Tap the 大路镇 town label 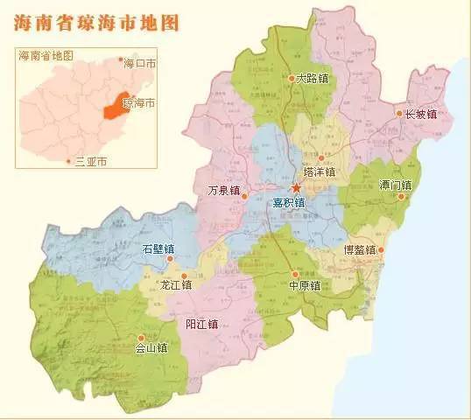[313, 79]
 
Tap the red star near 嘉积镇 [296, 187]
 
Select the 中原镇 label [305, 285]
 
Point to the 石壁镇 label [158, 249]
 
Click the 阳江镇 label [201, 324]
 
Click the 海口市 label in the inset [141, 64]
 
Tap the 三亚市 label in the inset [92, 162]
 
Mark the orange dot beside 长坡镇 [399, 114]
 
